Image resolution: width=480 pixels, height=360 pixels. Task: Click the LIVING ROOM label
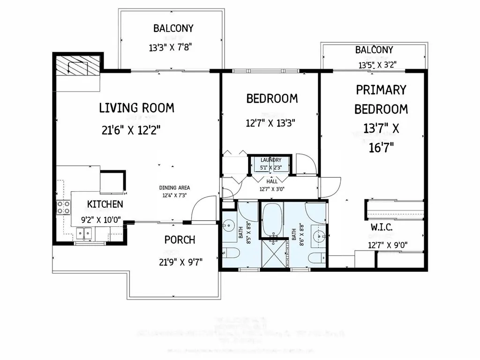[136, 108]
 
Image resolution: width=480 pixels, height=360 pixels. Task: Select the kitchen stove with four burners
[64, 207]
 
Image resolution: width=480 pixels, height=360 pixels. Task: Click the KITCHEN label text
[105, 204]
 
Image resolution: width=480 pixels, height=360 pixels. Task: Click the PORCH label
[180, 240]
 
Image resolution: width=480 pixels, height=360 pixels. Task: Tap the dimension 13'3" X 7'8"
[171, 47]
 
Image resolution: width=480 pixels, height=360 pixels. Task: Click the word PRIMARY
[381, 90]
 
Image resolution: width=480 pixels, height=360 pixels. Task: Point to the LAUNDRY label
[271, 160]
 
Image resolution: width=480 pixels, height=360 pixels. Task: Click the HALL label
[272, 180]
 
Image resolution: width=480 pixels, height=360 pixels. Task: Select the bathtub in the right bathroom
[270, 219]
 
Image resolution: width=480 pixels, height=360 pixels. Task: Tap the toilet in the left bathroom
[231, 254]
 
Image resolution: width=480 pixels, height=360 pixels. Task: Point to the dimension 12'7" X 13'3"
[270, 123]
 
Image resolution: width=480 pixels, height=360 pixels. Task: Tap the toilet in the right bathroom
[317, 257]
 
